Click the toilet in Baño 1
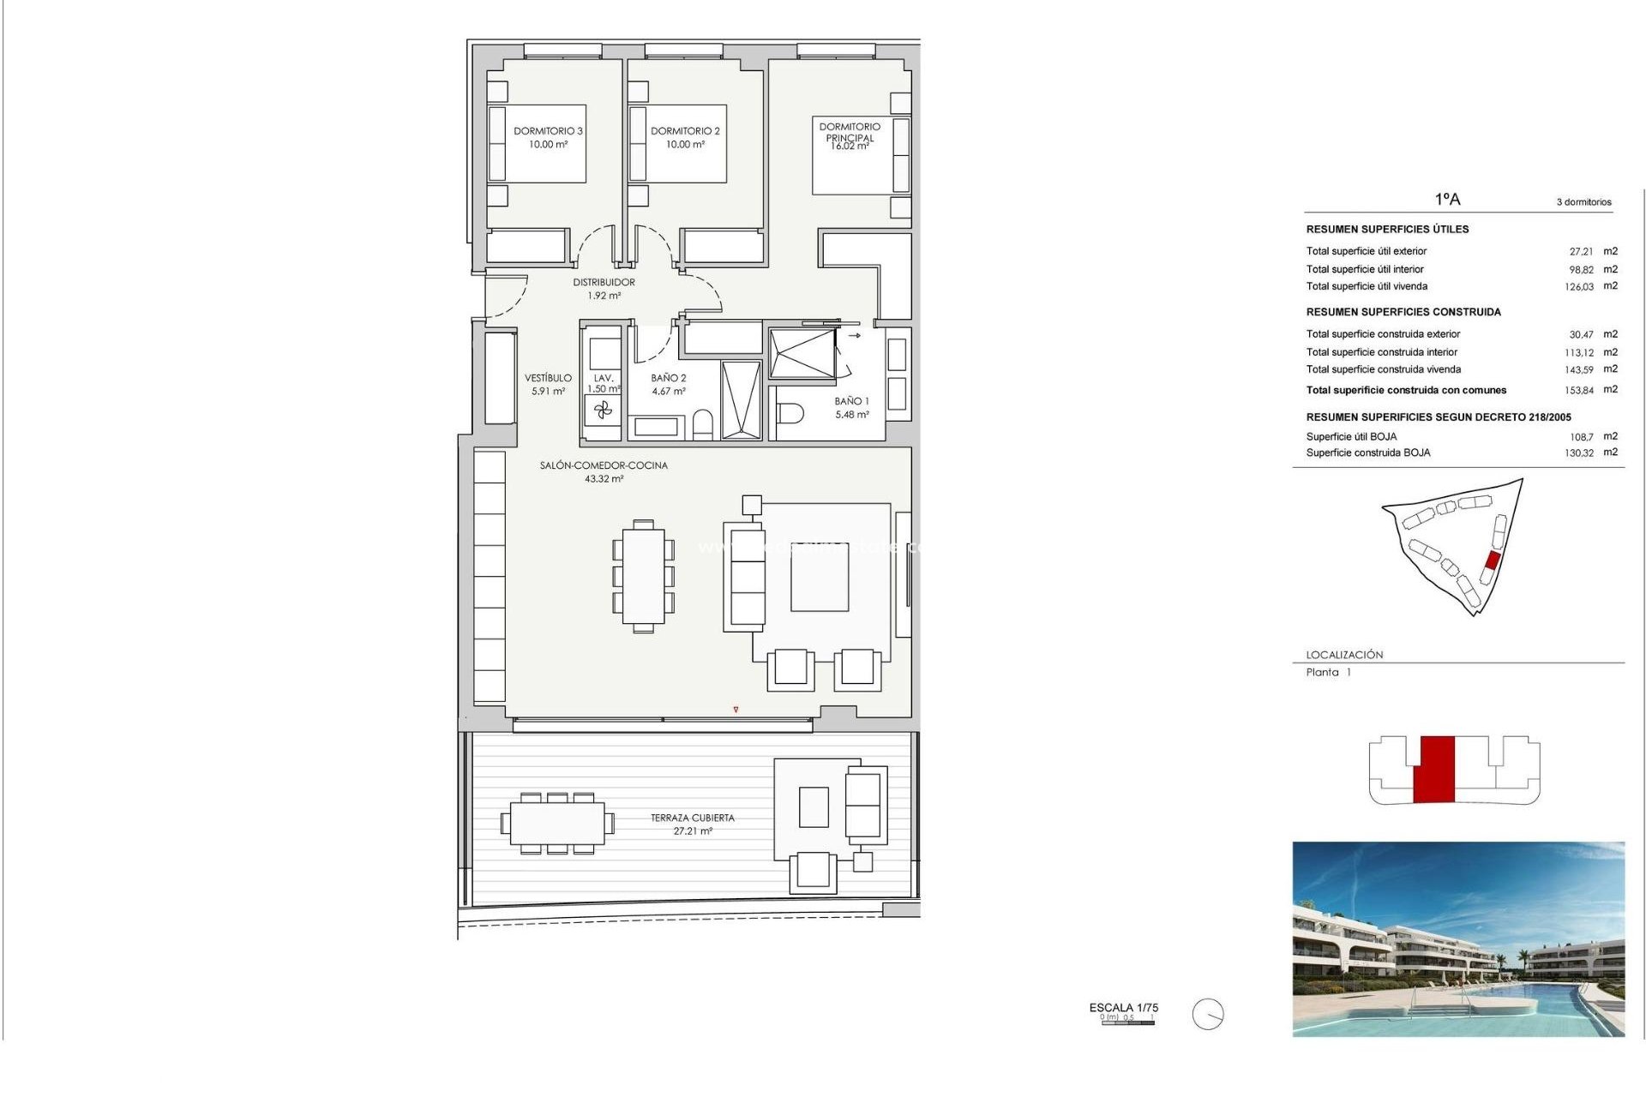790,414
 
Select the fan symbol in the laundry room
604,411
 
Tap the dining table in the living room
643,575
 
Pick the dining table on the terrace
557,824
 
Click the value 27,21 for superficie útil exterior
1581,252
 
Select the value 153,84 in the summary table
1579,391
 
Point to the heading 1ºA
1447,200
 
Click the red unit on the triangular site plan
1492,560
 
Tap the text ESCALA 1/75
1123,1008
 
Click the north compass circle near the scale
1208,1015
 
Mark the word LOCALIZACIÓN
1344,655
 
